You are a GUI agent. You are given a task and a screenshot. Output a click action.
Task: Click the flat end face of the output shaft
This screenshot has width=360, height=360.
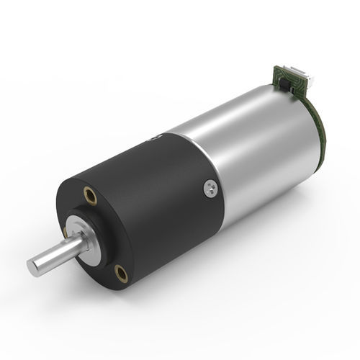(x=33, y=268)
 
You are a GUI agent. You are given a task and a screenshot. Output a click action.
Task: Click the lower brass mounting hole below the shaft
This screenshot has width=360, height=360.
(x=121, y=272)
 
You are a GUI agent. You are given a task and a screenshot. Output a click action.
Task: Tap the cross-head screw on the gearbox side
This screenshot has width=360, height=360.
(x=210, y=189)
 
